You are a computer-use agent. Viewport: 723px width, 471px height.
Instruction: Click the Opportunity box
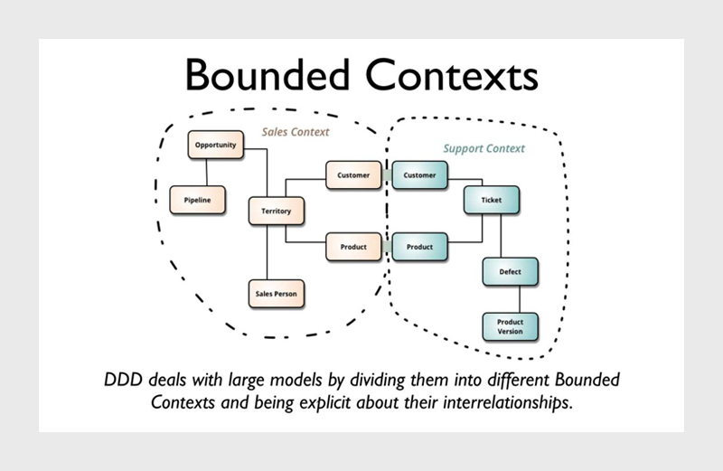(215, 145)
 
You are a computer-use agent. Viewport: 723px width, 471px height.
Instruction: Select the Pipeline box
(197, 199)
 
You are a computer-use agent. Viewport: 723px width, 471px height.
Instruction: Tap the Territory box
(276, 211)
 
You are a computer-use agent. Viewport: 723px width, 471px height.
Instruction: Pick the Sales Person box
(276, 294)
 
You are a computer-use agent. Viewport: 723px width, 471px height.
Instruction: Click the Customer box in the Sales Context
(353, 174)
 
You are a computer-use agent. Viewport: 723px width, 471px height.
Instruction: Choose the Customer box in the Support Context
(419, 175)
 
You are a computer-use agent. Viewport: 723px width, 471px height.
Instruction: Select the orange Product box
(353, 246)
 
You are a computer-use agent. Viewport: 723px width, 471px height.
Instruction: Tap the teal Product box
(419, 247)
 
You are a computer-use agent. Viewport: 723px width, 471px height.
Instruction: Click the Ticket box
(492, 201)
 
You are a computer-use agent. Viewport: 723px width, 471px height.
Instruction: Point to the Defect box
(510, 271)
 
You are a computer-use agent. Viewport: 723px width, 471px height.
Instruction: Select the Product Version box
(511, 326)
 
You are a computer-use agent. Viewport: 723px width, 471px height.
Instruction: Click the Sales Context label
(296, 132)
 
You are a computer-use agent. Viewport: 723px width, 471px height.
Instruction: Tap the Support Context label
(484, 148)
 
